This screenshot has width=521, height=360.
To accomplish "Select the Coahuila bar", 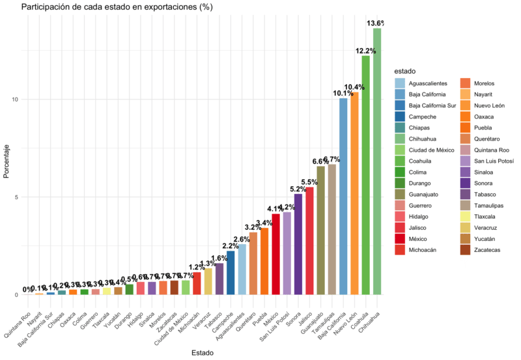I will pos(366,175).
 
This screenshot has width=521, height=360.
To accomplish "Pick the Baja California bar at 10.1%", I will pos(343,196).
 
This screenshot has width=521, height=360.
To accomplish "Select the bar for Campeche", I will pos(231,273).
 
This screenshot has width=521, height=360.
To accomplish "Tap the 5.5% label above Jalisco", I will pos(309,182).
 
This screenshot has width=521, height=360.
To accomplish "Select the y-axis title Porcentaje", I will pos(7,161).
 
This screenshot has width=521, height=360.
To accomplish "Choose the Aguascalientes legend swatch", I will pos(399,83).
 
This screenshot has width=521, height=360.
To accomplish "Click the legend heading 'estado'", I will pos(404,71).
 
